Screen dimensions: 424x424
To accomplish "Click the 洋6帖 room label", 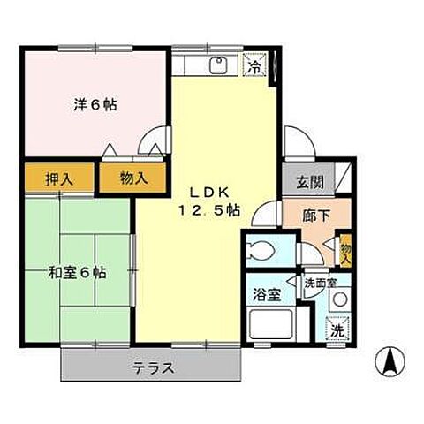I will tap(95, 104).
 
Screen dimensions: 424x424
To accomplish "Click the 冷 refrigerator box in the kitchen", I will tap(254, 65).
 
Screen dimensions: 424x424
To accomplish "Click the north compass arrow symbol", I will tap(390, 360).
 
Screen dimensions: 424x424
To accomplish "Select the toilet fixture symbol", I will tap(262, 249).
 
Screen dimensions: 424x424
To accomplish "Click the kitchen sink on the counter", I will tap(217, 66).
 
